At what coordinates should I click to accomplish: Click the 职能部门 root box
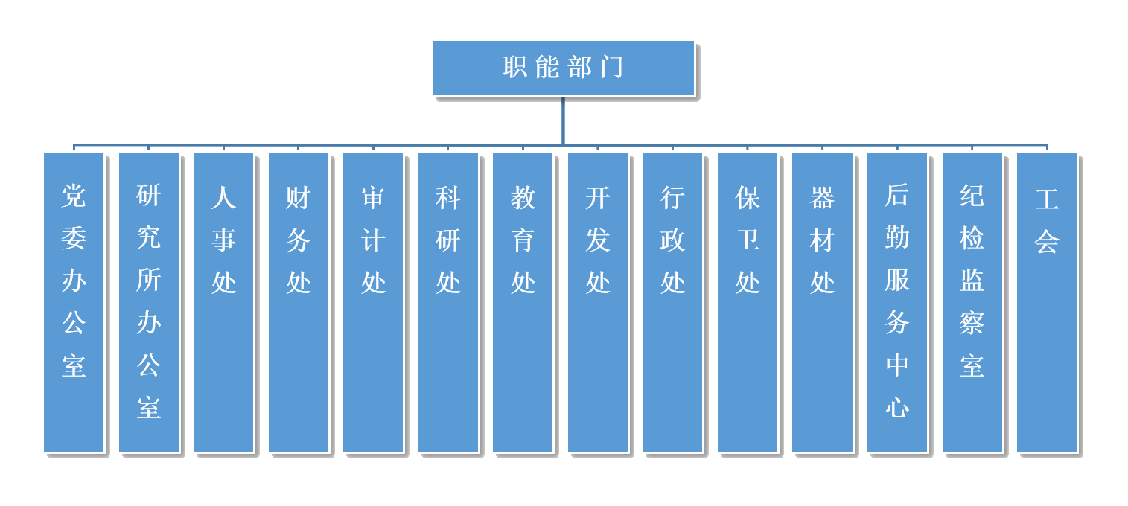563,68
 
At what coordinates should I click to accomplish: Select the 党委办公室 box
74,301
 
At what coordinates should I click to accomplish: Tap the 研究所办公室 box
149,301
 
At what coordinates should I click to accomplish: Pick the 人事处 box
223,301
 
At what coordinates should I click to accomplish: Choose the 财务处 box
299,301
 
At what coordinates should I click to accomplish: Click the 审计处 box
373,301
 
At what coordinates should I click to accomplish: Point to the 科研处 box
448,301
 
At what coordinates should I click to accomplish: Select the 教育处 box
523,301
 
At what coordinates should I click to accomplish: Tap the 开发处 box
598,301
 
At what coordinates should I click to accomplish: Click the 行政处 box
672,301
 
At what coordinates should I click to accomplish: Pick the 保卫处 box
748,301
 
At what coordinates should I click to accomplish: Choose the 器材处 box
822,301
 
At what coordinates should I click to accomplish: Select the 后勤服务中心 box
897,301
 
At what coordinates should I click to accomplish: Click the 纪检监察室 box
972,301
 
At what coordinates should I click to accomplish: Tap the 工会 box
1047,301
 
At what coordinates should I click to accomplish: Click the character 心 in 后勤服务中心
897,408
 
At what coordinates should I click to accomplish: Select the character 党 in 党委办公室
74,196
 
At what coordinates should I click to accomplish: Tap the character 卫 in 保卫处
748,240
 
